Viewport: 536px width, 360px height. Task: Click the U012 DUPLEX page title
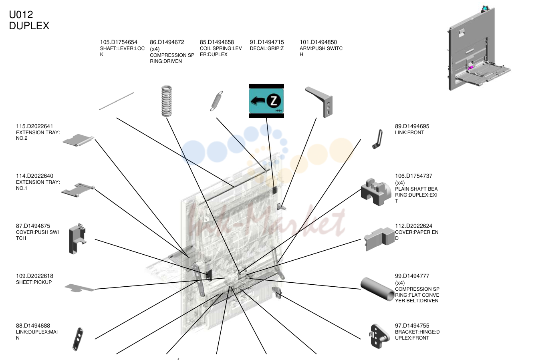(29, 20)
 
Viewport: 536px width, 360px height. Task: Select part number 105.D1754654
(119, 42)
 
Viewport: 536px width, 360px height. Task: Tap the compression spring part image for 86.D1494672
(167, 101)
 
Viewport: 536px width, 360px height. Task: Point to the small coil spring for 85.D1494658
(217, 101)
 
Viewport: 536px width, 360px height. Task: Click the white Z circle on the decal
(274, 101)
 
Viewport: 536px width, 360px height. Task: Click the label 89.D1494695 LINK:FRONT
(412, 129)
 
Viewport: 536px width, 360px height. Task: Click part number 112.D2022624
(413, 226)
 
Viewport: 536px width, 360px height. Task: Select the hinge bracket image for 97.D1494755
(379, 336)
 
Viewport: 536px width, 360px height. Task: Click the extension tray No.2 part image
(78, 140)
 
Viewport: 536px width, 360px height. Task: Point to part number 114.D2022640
(35, 176)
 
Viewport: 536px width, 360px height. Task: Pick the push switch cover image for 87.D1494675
(77, 239)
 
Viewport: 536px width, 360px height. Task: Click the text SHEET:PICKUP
(34, 282)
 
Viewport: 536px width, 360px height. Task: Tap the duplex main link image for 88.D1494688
(78, 339)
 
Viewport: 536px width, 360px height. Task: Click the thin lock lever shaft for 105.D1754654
(117, 101)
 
